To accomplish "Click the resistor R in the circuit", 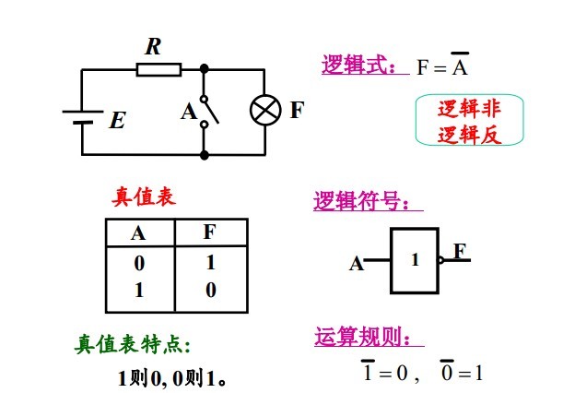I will pyautogui.click(x=158, y=69).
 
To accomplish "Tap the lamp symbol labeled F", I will pyautogui.click(x=265, y=112).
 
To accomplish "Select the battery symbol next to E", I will pyautogui.click(x=81, y=117).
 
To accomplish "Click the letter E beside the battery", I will pyautogui.click(x=117, y=120).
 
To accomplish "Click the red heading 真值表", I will pyautogui.click(x=144, y=196).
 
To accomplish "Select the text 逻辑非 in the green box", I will pyautogui.click(x=469, y=109).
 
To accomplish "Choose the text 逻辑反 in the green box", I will pyautogui.click(x=469, y=134).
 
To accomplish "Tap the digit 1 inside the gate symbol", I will pyautogui.click(x=415, y=260).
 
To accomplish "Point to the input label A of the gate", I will pyautogui.click(x=356, y=265).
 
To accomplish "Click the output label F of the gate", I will pyautogui.click(x=459, y=251).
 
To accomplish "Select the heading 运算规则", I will pyautogui.click(x=367, y=337).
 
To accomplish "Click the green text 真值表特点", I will pyautogui.click(x=133, y=345).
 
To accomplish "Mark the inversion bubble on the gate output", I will pyautogui.click(x=442, y=260).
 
